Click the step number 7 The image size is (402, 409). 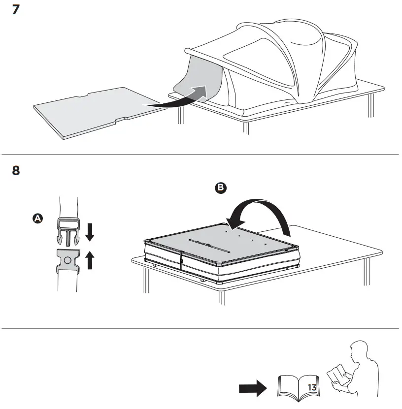click(16, 9)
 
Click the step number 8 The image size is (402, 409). click(16, 171)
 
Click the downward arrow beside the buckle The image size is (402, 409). click(90, 231)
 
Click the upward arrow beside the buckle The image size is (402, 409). click(90, 259)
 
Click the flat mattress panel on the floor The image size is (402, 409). click(99, 111)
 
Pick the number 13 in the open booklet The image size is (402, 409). click(311, 387)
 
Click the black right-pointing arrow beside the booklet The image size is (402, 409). click(252, 389)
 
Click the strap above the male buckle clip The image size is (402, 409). click(67, 207)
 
